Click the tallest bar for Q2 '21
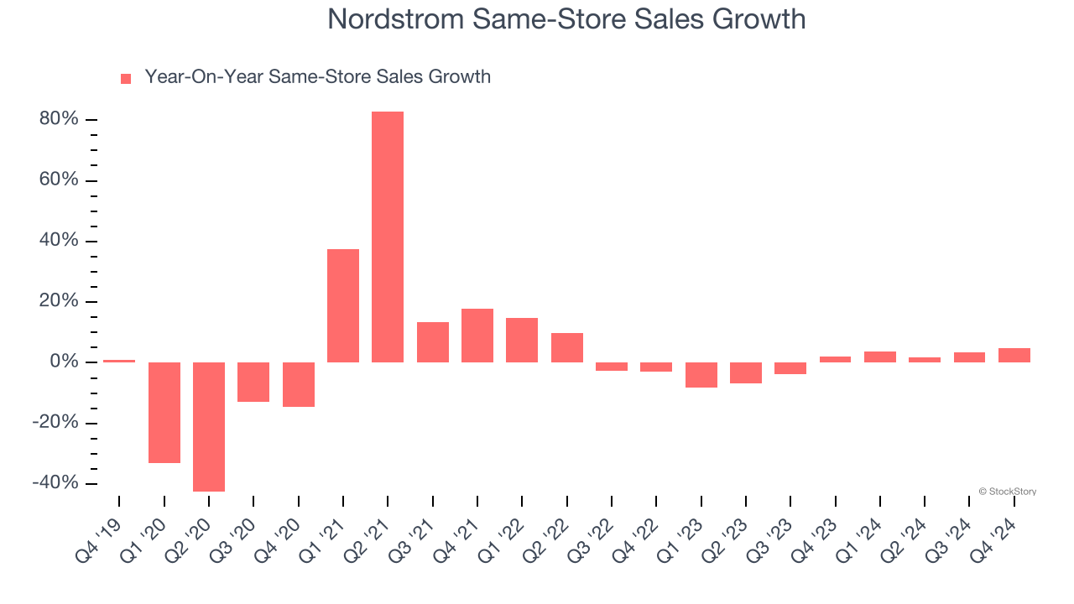point(388,237)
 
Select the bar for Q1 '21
point(342,305)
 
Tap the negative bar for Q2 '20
point(208,426)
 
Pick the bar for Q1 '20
point(164,412)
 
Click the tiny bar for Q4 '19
point(119,361)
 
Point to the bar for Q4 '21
point(477,336)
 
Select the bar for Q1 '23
point(701,374)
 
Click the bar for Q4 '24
point(1014,355)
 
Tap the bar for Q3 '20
point(253,382)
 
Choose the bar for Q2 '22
point(566,347)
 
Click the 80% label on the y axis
point(59,120)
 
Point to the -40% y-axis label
point(55,483)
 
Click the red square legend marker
point(126,78)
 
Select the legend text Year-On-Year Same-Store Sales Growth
point(317,77)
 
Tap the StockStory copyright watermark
point(1007,492)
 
